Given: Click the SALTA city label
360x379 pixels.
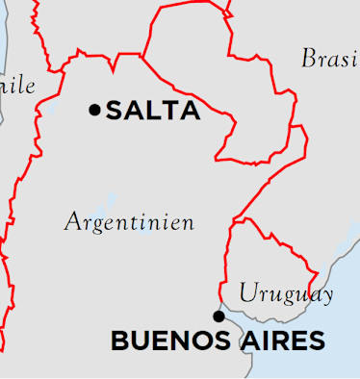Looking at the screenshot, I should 153,111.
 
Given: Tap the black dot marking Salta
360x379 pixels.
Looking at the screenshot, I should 94,110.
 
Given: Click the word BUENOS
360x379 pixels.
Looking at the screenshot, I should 169,341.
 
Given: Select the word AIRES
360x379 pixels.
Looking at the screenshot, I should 281,341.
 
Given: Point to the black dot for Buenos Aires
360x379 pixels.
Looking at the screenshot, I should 219,316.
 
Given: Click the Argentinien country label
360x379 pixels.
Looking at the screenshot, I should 129,222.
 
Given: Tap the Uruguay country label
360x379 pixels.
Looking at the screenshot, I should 286,293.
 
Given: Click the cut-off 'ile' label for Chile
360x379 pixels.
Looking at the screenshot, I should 19,86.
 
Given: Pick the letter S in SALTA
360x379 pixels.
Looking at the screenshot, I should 114,111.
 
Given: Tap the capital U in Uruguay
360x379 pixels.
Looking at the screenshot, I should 247,292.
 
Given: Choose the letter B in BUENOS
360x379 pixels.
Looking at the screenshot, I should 119,341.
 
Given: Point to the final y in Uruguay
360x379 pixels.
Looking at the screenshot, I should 327,296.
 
